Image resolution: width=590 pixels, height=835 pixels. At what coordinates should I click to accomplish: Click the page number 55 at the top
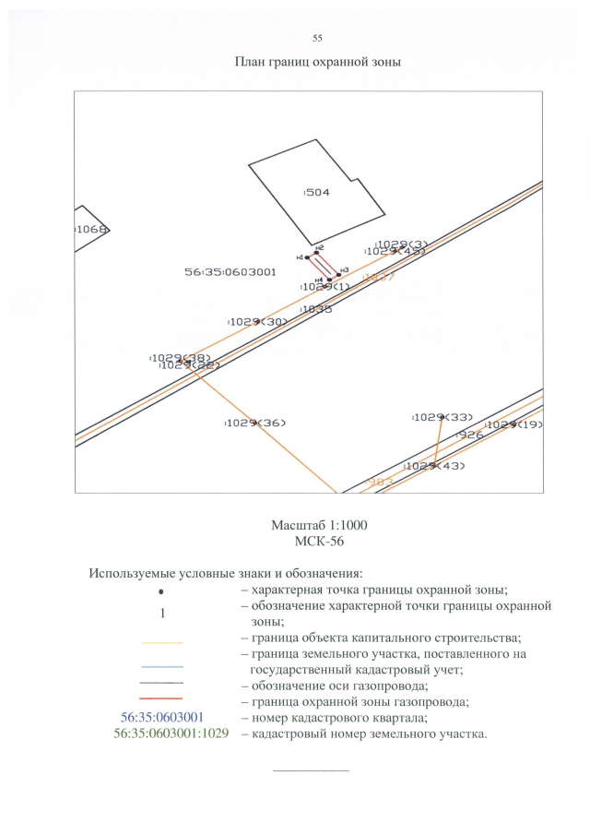(317, 38)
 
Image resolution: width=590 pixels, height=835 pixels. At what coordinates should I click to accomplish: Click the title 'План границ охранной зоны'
(317, 63)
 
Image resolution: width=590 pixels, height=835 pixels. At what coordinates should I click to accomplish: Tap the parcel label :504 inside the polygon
(317, 193)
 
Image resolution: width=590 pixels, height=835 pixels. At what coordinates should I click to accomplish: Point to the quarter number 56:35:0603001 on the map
(230, 272)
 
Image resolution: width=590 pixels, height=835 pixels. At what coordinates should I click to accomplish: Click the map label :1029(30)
(257, 321)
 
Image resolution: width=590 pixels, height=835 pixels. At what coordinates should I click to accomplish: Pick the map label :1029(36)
(255, 423)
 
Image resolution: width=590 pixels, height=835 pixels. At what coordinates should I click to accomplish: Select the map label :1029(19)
(513, 424)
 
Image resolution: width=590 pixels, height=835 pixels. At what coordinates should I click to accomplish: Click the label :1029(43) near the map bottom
(436, 466)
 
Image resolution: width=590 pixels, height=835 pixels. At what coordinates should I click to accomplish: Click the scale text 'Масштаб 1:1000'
(319, 525)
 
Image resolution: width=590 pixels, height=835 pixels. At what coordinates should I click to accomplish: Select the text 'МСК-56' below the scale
(319, 541)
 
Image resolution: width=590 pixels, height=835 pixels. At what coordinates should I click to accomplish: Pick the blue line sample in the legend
(162, 666)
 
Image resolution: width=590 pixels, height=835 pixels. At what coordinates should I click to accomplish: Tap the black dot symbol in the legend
(162, 590)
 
